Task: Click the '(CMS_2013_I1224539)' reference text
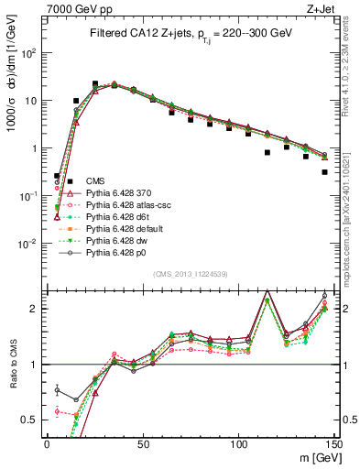click(190, 273)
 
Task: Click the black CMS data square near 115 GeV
click(267, 153)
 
